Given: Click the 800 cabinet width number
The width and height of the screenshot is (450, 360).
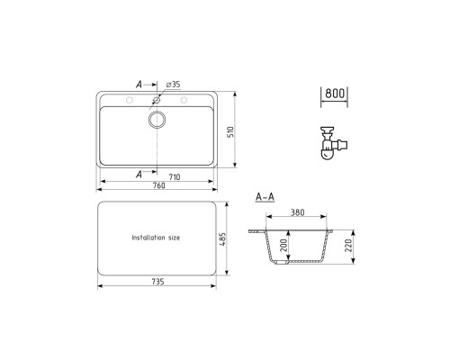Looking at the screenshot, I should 334,94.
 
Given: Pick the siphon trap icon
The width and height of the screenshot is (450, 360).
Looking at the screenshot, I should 332,142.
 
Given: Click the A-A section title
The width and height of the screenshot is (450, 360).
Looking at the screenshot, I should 265,196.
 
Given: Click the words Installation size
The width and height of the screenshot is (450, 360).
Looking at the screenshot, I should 156,238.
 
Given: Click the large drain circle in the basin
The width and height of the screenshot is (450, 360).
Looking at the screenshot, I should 157,120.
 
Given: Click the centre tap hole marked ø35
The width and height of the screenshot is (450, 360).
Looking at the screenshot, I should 157,100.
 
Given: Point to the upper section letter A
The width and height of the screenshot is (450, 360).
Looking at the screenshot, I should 139,84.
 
